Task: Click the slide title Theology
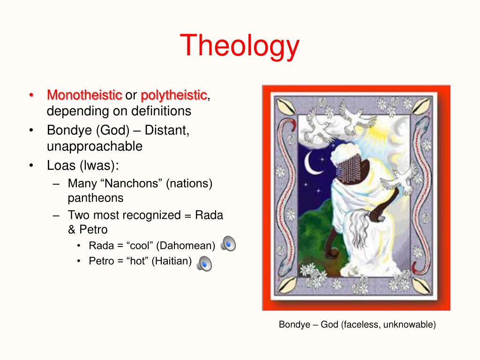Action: [240, 46]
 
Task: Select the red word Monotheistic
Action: [84, 95]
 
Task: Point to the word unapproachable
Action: [95, 146]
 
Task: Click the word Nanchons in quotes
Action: [134, 183]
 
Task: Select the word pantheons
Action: [96, 198]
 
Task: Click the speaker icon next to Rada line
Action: [228, 244]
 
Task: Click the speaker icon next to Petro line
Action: [204, 263]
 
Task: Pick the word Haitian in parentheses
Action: [172, 261]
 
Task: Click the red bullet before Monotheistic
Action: [31, 95]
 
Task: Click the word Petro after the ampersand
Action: [93, 230]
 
